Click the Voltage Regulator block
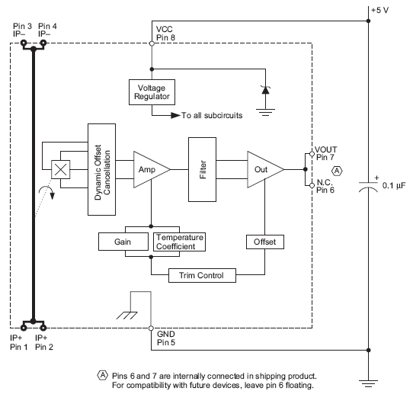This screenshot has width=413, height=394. coord(150,91)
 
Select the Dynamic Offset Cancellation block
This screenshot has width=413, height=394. coord(101,162)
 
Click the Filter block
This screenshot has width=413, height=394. coord(203,169)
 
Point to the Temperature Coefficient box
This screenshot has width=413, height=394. coord(180,242)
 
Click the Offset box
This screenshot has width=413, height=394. coord(264,242)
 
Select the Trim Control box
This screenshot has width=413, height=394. coord(201,274)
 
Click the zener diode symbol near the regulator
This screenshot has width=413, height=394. coord(264,89)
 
